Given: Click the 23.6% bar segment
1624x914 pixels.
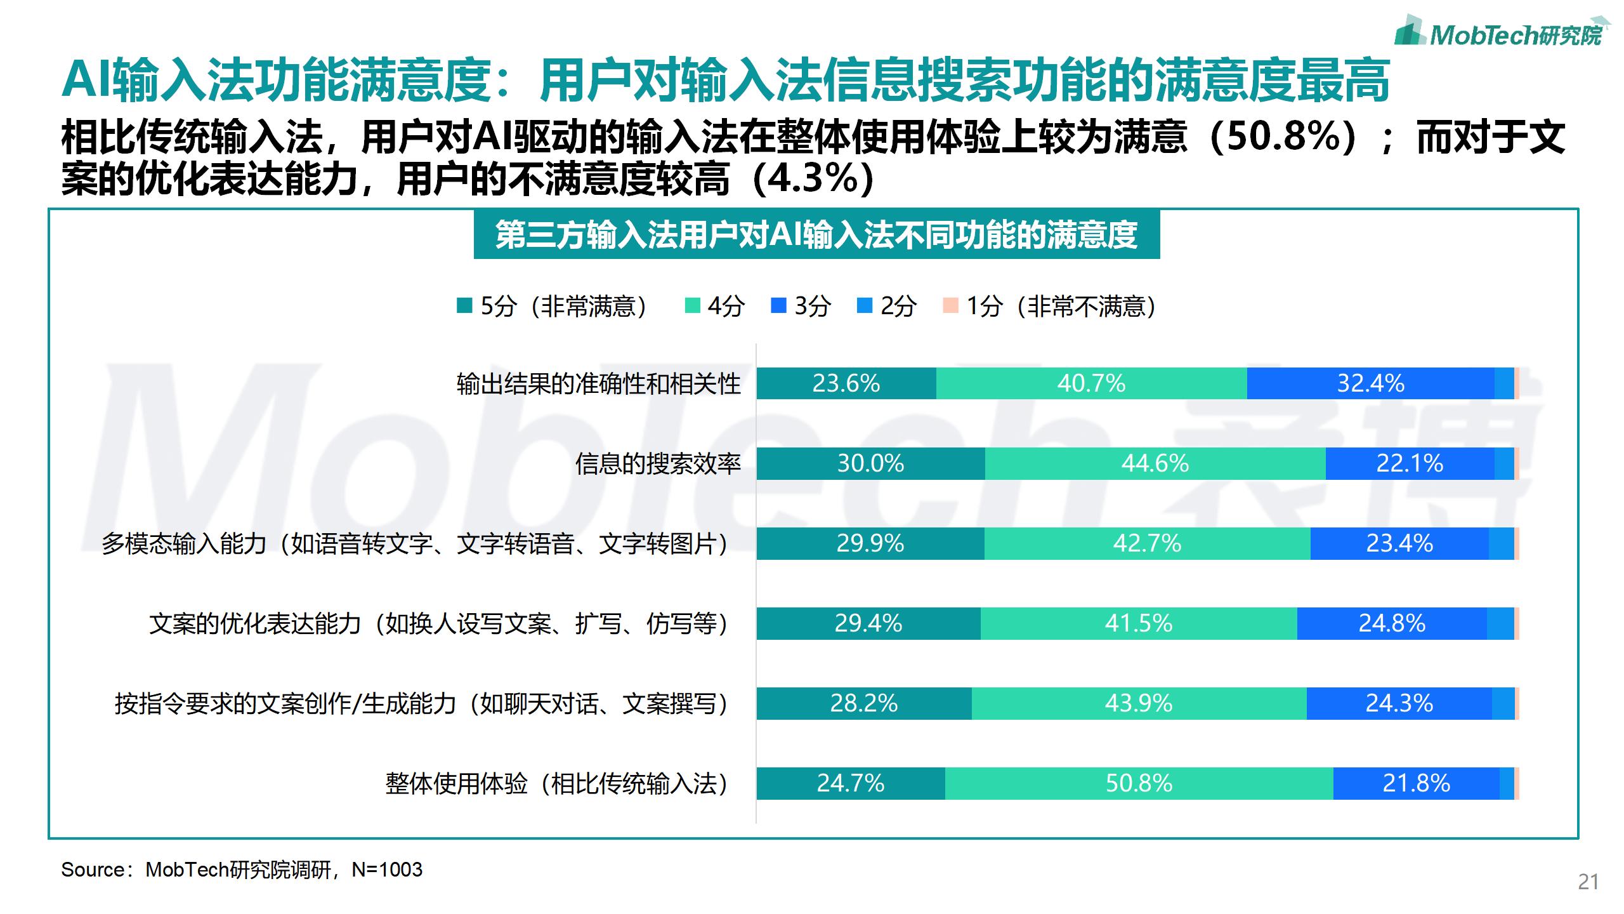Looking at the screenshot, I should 846,383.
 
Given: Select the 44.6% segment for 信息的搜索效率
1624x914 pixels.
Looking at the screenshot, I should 1155,463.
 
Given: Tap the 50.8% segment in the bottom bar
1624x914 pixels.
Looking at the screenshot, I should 1139,783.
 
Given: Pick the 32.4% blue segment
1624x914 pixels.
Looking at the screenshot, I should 1370,383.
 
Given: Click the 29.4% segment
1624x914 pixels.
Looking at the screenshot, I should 868,623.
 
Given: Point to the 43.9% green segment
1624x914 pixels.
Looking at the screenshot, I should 1139,703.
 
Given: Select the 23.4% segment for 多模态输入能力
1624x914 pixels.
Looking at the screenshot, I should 1399,543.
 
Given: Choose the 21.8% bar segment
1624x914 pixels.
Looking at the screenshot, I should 1416,783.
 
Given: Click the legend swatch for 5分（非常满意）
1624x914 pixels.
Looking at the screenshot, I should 464,306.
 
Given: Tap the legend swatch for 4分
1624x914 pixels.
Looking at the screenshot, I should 692,306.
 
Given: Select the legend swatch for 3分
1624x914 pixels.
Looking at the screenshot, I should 778,306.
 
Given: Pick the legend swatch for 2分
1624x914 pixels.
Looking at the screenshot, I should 864,306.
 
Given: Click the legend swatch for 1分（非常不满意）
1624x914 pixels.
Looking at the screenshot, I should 950,306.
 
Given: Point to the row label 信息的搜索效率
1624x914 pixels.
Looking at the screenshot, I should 658,464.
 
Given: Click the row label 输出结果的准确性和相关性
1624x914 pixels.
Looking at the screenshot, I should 598,384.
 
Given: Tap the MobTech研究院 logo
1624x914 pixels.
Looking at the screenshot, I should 1501,32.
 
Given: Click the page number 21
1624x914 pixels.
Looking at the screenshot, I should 1588,882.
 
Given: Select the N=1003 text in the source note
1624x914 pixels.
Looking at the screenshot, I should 387,870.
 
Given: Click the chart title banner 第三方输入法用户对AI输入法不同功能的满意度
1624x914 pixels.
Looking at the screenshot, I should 816,235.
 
